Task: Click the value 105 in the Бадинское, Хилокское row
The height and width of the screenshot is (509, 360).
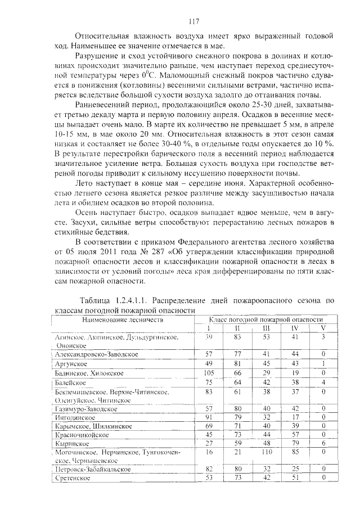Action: [x=209, y=373]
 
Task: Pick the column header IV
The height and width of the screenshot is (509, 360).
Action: [x=294, y=328]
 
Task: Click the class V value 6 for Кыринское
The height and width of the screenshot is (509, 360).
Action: [x=323, y=443]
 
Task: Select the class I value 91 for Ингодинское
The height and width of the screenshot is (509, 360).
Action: [x=209, y=417]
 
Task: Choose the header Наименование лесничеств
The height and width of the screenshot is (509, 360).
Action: [x=123, y=319]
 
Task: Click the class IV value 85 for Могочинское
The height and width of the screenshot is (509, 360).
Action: [x=294, y=452]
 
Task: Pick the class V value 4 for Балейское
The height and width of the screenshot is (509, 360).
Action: [x=323, y=382]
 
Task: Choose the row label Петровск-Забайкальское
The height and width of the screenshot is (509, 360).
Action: [x=93, y=469]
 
